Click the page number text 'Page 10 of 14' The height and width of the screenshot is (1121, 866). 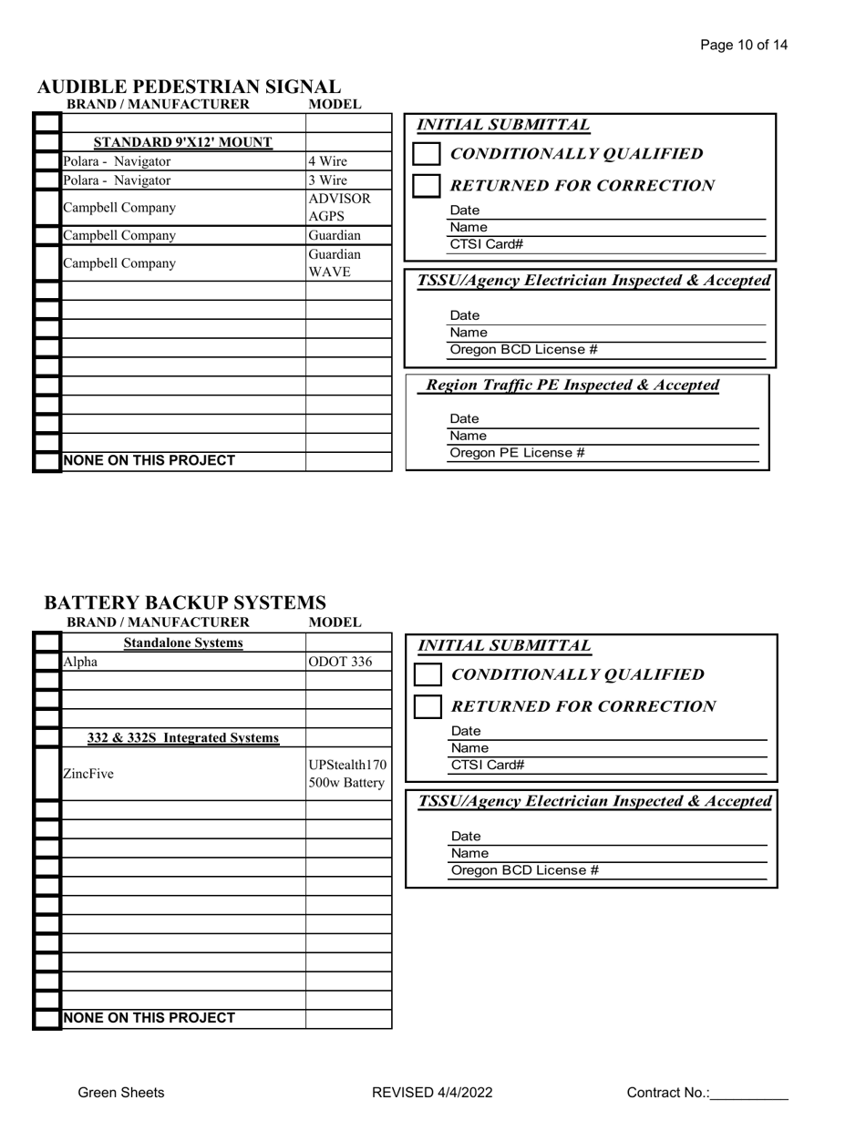[744, 45]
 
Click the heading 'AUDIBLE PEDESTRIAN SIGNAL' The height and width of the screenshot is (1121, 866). [189, 87]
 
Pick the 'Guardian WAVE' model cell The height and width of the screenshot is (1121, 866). [335, 263]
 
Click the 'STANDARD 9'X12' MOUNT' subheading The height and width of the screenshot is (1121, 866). [183, 142]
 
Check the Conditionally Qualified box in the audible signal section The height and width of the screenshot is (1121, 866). [427, 154]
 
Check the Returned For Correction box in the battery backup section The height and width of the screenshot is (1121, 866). [428, 706]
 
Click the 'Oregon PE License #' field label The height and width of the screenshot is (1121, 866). [517, 453]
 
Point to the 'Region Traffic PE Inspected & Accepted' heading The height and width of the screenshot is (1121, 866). [572, 386]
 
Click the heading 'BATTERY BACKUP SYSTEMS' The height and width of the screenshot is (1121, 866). [185, 603]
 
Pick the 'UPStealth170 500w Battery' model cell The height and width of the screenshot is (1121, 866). [347, 774]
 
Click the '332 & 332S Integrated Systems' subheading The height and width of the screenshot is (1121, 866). [183, 737]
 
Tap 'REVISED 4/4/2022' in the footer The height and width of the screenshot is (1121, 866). [432, 1093]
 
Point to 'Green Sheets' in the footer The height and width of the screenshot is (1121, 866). [121, 1093]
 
